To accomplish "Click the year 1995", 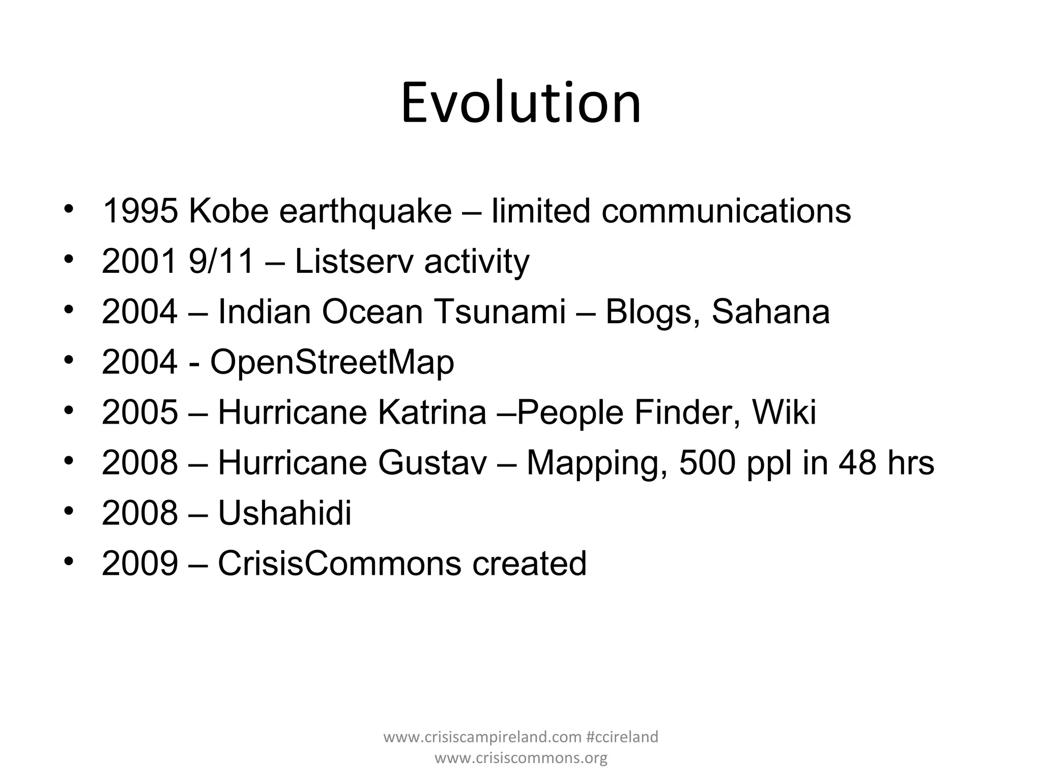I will point(140,211).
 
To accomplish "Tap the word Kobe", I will point(228,211).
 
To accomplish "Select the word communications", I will point(726,211).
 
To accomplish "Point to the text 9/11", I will point(221,262).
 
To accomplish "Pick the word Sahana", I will point(770,312).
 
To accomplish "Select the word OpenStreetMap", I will point(332,362).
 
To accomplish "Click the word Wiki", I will point(784,412).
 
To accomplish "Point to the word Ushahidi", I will point(285,513).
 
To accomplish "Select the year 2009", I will point(140,564).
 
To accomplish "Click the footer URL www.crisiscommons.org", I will point(521,758).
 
